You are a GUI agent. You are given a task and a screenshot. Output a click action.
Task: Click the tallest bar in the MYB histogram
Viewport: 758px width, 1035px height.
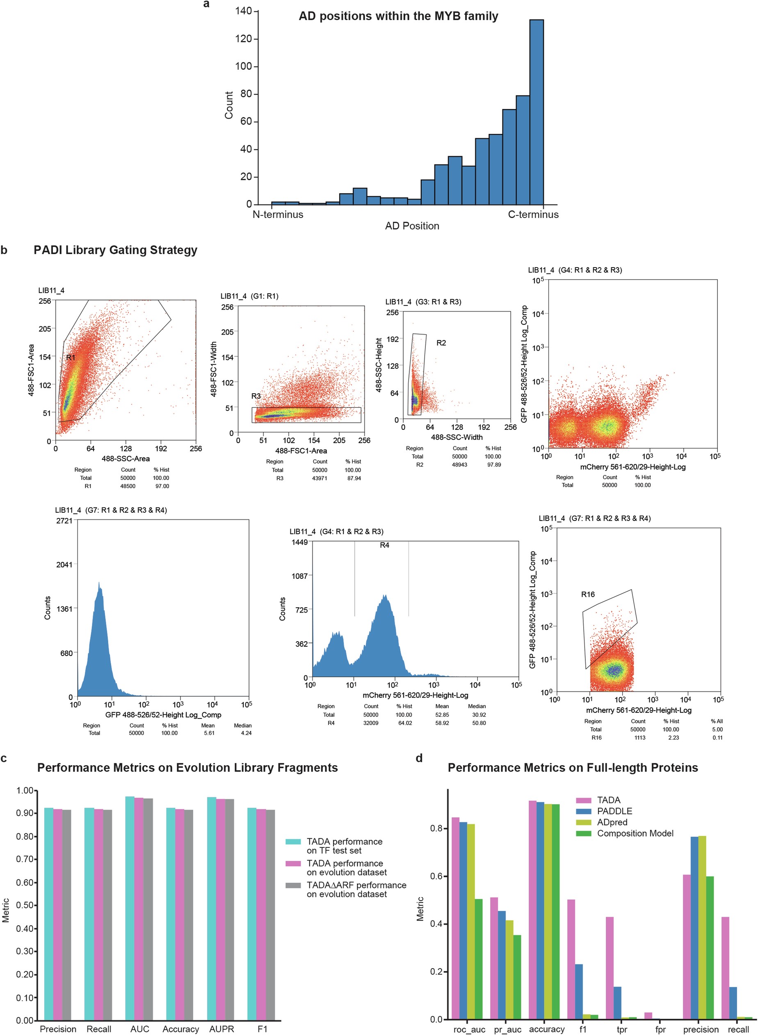(537, 112)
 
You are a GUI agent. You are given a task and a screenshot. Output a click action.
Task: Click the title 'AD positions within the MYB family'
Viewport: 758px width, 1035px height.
(398, 16)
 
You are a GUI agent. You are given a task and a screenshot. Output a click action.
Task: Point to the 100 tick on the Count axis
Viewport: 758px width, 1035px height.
(244, 66)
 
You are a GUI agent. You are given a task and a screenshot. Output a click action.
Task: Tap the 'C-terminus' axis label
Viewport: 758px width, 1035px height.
(533, 214)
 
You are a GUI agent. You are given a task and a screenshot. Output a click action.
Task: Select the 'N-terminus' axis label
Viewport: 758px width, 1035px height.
(278, 214)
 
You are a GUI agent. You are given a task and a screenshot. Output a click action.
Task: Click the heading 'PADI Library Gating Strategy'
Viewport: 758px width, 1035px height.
(115, 250)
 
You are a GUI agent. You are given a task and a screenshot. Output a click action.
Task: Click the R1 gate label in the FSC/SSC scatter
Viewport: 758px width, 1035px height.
(71, 357)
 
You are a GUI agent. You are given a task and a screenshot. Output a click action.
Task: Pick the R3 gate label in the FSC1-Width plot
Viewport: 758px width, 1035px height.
(256, 396)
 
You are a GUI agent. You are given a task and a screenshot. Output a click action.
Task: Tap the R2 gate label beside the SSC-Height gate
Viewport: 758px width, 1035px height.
(441, 343)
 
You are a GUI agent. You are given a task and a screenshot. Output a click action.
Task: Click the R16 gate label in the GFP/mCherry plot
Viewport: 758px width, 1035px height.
(588, 594)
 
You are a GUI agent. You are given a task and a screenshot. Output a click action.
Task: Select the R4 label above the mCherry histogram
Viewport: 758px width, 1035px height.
(384, 545)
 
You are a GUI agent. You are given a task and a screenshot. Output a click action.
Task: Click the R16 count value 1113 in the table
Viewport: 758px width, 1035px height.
(639, 737)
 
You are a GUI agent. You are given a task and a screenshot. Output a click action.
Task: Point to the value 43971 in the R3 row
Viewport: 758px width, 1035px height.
(320, 478)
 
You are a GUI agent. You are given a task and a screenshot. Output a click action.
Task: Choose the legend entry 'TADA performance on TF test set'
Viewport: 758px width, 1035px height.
(344, 846)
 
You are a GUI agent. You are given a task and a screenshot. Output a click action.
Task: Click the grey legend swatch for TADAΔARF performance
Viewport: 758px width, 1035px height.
(293, 885)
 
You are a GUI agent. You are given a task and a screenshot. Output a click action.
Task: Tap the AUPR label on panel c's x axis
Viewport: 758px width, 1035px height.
(221, 1029)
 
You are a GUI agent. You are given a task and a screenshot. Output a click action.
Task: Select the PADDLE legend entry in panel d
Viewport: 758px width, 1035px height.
(614, 811)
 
